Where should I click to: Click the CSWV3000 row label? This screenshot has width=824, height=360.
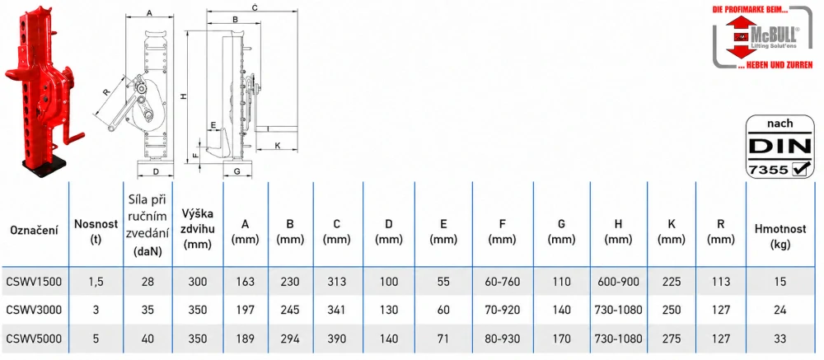click(34, 310)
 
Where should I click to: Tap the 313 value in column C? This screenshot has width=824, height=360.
click(336, 282)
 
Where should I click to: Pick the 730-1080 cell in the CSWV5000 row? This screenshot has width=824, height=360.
click(618, 339)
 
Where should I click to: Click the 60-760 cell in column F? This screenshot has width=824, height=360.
click(503, 282)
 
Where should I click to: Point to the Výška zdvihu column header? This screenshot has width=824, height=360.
click(199, 229)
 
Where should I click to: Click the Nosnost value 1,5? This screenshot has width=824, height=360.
click(95, 282)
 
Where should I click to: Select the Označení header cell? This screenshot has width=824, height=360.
click(34, 230)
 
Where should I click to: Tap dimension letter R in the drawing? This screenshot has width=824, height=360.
click(106, 92)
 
